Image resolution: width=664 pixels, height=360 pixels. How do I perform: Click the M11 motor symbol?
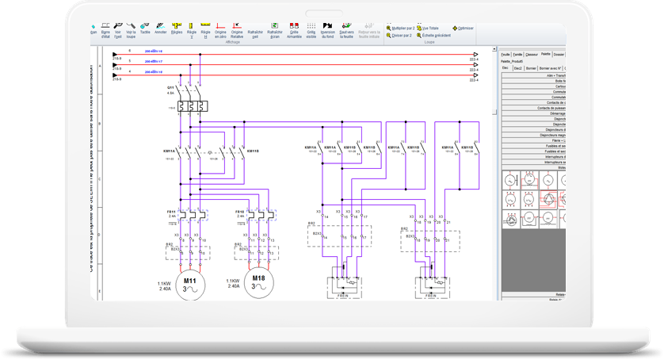pyautogui.click(x=190, y=283)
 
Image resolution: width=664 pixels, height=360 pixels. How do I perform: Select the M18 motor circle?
pyautogui.click(x=258, y=282)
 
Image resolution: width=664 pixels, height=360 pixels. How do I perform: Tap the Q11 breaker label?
pyautogui.click(x=170, y=86)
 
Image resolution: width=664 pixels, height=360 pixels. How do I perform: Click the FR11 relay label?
pyautogui.click(x=170, y=213)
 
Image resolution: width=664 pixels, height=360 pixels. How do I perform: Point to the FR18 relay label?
pyautogui.click(x=239, y=213)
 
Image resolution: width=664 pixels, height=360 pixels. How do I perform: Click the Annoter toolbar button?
pyautogui.click(x=161, y=30)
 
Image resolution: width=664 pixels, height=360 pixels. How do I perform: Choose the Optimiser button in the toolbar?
pyautogui.click(x=464, y=28)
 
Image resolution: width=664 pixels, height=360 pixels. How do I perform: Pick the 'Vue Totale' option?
pyautogui.click(x=433, y=28)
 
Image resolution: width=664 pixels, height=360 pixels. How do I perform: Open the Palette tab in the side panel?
pyautogui.click(x=546, y=54)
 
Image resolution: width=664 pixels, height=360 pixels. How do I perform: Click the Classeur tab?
pyautogui.click(x=532, y=54)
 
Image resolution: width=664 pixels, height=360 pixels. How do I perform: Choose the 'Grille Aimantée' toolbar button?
pyautogui.click(x=294, y=30)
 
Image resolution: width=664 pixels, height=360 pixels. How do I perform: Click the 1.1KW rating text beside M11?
pyautogui.click(x=165, y=282)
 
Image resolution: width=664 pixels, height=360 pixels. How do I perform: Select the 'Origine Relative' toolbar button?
pyautogui.click(x=236, y=30)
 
